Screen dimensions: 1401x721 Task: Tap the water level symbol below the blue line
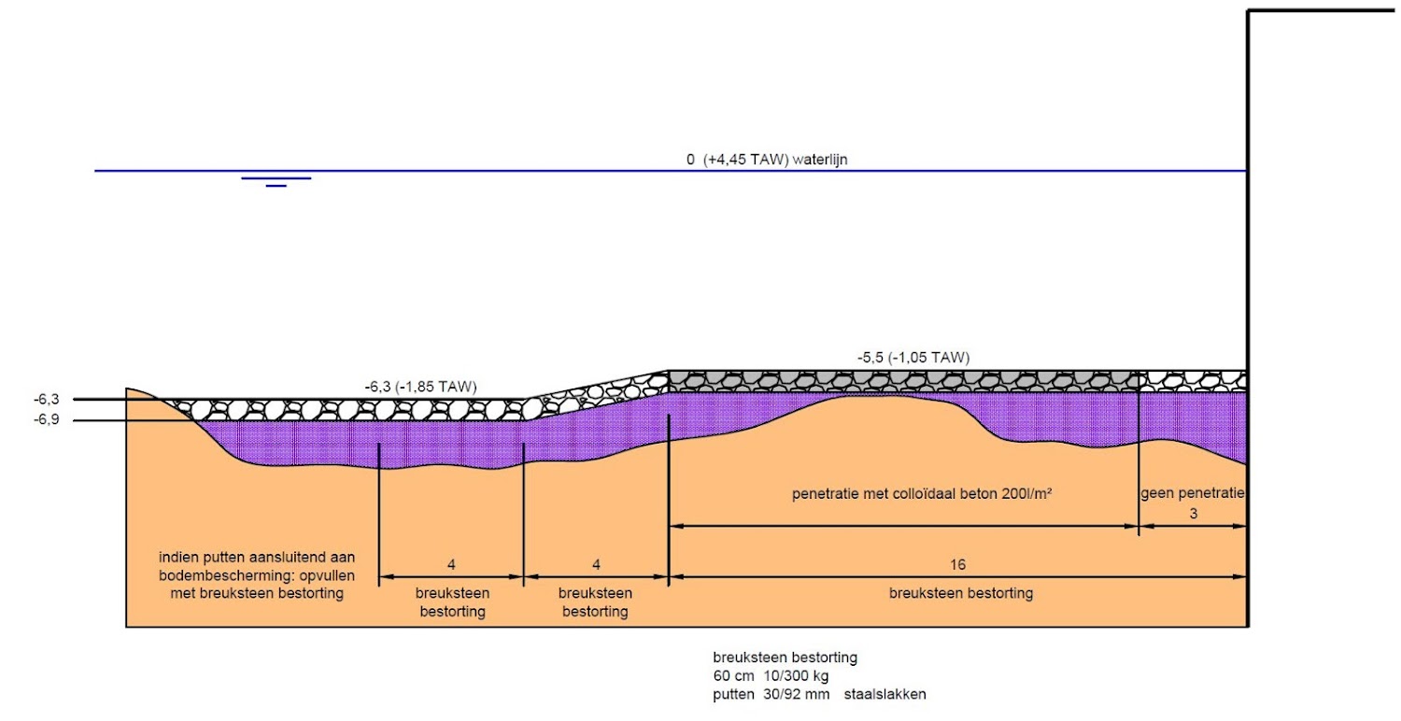point(276,181)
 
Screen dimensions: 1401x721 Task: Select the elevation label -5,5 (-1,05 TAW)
point(913,357)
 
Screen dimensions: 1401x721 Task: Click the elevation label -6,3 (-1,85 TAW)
point(420,385)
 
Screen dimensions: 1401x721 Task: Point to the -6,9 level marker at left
point(47,420)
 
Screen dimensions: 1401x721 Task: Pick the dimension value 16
point(958,565)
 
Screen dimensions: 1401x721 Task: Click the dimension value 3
point(1193,514)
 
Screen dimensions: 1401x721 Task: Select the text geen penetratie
point(1193,493)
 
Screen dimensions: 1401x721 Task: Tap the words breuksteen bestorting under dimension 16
point(960,593)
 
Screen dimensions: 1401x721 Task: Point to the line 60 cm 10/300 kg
point(771,675)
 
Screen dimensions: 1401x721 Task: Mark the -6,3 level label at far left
point(47,400)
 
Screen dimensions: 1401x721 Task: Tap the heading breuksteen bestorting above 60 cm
point(785,657)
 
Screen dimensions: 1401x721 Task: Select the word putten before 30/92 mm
point(732,694)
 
